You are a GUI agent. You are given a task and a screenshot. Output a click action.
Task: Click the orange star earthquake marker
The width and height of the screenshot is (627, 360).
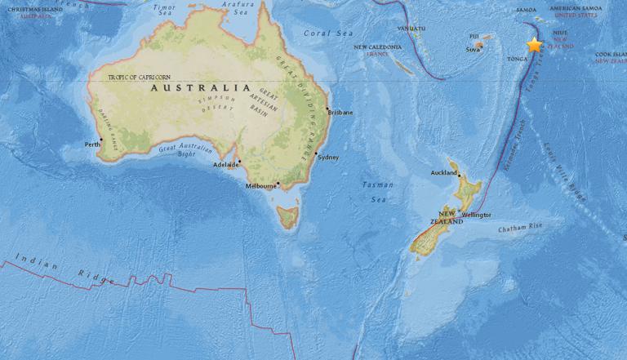pos(535,45)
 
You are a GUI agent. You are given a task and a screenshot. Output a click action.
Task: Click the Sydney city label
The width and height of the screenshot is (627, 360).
pos(327,157)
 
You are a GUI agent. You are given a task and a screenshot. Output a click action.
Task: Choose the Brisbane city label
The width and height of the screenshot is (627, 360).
pos(340,113)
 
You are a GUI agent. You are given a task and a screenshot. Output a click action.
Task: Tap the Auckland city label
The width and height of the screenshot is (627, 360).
pos(444,173)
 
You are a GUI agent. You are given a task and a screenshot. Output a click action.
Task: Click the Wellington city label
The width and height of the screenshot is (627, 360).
pos(477,215)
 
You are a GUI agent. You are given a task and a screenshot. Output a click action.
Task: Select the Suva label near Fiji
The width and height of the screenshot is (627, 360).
pos(473,50)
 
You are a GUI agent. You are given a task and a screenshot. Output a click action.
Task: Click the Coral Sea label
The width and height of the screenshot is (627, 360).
pos(318,33)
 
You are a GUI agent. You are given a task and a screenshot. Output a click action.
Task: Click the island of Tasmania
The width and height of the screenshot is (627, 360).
pos(287,217)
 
